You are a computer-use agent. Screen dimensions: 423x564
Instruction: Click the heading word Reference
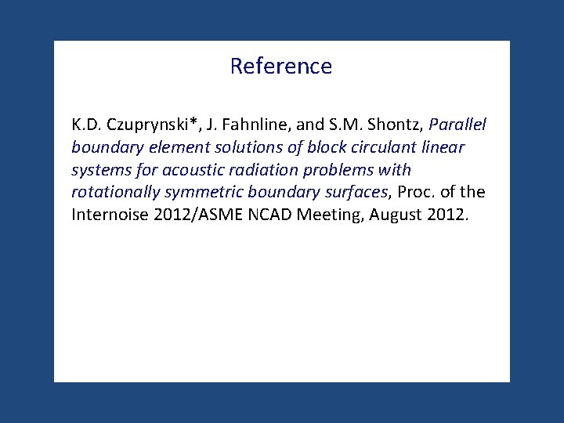click(281, 66)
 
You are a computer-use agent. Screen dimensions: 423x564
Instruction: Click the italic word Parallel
click(457, 125)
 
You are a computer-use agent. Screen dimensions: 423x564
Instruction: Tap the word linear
click(437, 147)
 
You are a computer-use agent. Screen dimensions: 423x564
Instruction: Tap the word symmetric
click(197, 192)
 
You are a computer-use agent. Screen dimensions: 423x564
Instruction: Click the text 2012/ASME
click(191, 215)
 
